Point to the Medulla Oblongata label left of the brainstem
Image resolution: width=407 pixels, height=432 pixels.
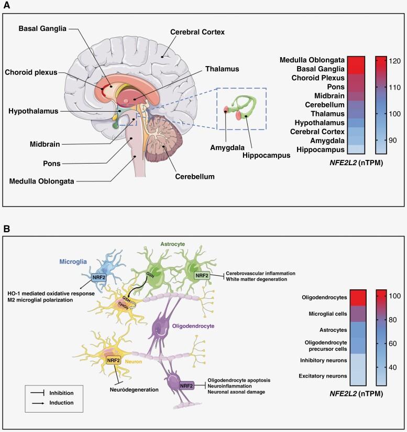pyautogui.click(x=42, y=181)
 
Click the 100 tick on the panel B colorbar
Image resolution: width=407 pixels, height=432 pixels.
pyautogui.click(x=394, y=296)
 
